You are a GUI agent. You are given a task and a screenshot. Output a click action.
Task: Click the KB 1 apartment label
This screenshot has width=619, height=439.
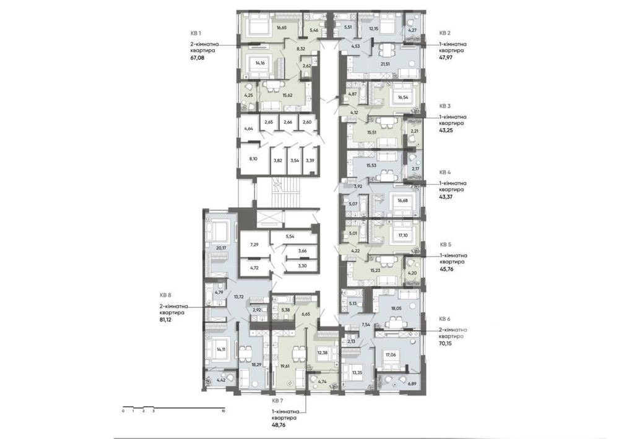[x=196, y=33]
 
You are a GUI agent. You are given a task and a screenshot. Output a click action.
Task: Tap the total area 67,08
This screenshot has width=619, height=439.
[x=197, y=58]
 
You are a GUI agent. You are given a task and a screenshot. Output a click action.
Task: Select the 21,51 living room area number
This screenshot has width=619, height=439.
[x=385, y=64]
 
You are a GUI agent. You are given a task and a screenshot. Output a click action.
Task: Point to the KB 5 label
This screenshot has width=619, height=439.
[x=445, y=245]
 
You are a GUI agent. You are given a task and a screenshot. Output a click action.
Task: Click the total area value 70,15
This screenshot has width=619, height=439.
[x=446, y=343]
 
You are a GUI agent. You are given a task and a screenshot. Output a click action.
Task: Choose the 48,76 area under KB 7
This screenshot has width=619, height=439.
[x=279, y=425]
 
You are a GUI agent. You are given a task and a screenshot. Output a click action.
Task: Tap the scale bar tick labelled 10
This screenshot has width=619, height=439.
[x=223, y=411]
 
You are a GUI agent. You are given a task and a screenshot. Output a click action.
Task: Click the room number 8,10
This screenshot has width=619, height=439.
[x=253, y=159]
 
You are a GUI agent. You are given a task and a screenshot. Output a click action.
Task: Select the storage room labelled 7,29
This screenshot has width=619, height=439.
[x=254, y=245]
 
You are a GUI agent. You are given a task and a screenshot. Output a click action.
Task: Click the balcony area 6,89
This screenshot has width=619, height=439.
[x=412, y=383]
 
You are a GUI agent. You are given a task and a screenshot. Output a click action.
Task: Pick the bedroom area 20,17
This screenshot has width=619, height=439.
[x=222, y=248]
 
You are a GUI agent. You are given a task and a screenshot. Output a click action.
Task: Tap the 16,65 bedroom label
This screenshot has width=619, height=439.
[x=282, y=28]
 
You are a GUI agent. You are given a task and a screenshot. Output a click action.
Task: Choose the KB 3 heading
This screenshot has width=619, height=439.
[x=445, y=106]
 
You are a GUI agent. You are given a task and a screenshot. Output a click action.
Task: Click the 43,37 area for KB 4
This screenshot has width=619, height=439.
[x=446, y=197]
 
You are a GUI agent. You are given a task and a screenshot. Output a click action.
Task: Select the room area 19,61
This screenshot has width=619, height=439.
[x=285, y=365]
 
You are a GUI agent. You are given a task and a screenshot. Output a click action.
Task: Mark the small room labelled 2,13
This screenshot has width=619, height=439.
[x=352, y=341]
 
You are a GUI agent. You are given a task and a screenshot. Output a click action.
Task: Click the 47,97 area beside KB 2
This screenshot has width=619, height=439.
[x=446, y=57]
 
